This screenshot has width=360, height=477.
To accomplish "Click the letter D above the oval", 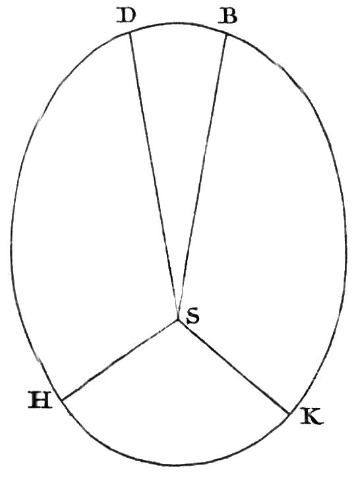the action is pos(126,16).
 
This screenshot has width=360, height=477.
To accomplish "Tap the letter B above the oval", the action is pos(227,16).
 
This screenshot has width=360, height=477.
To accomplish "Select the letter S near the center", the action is pos(193,316).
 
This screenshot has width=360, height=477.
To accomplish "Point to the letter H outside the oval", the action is pos(40,399).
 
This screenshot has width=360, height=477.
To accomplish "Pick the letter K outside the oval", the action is pos(312,416).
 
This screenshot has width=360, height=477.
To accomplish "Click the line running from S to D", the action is pos(154,175).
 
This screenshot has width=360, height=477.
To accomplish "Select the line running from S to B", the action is pos(202,177).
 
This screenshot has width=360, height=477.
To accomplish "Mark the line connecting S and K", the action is pos(233,367).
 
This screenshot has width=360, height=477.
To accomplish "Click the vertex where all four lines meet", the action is pos(177,320).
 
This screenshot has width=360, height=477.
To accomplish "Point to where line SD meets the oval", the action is pos(131,32).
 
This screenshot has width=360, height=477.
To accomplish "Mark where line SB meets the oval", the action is pos(227,34).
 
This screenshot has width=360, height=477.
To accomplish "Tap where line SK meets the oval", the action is pos(289,414).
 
